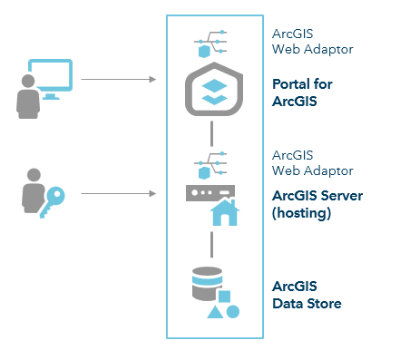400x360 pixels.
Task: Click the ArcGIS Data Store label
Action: (307, 295)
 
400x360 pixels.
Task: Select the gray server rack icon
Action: (210, 193)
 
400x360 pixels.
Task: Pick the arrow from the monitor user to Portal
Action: (118, 80)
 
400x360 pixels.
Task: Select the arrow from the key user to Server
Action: (118, 193)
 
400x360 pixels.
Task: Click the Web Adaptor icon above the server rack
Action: (210, 165)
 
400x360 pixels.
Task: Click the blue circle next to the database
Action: (232, 311)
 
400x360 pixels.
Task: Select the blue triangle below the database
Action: (215, 312)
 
